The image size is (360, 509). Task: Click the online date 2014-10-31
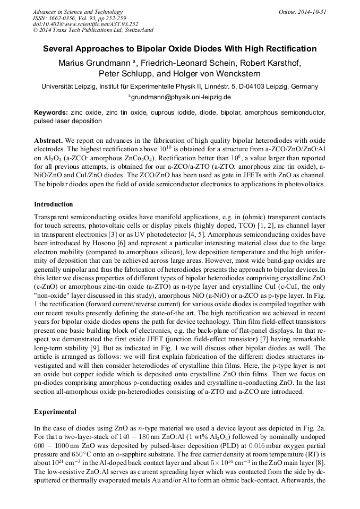tap(312, 12)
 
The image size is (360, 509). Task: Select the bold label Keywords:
tap(51, 113)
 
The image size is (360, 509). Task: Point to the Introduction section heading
tap(54, 204)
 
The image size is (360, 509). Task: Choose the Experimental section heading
tap(55, 411)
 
